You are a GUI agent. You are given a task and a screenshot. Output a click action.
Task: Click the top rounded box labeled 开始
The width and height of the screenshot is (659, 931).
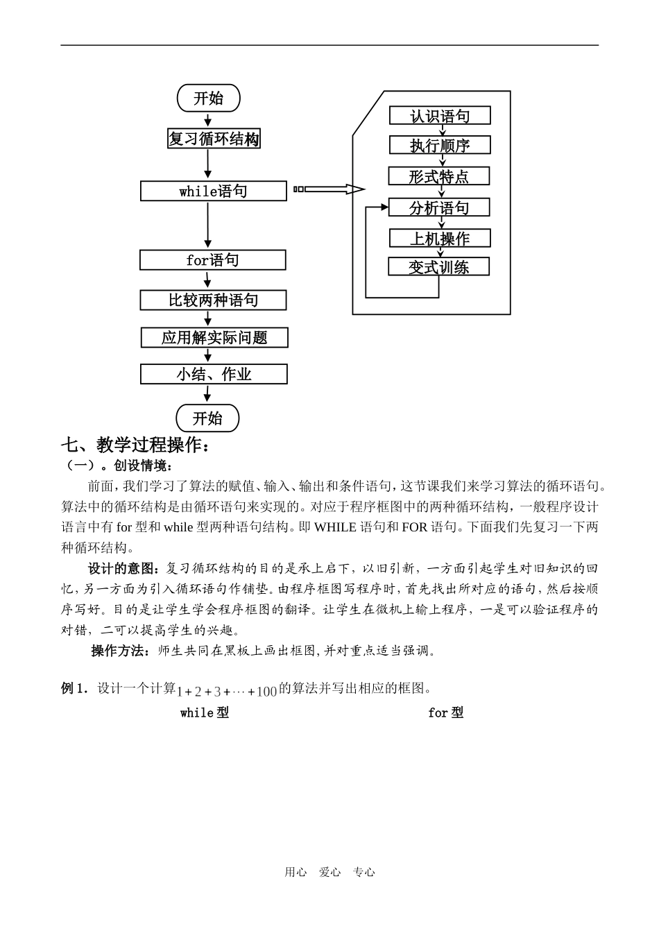point(208,99)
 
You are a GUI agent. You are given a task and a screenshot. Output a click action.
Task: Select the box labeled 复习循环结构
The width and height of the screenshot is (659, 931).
point(214,139)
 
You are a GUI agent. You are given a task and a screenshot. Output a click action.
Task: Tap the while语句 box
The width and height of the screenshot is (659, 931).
point(213,191)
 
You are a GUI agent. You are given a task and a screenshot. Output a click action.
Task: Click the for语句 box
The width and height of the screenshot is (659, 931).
point(212,260)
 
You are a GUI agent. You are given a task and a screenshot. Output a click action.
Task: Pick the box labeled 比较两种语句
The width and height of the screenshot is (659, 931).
point(213,300)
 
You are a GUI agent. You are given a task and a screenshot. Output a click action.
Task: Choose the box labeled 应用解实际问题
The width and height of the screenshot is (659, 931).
point(214,338)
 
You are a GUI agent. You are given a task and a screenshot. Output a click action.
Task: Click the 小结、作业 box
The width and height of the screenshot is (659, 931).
point(214,375)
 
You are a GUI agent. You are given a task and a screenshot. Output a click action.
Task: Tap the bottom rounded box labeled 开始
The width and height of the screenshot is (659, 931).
point(207,418)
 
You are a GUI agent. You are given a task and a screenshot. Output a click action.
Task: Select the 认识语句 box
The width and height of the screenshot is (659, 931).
point(440,116)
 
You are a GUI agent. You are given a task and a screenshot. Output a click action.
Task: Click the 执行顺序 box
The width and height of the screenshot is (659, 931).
point(440,145)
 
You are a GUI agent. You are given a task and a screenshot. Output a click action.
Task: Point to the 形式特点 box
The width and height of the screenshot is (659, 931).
point(438,176)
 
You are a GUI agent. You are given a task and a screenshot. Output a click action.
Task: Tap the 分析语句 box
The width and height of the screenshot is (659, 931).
point(438,207)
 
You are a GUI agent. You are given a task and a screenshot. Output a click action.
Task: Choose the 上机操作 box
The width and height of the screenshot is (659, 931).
point(440,239)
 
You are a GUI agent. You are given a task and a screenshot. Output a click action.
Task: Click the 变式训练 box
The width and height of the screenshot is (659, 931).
point(438,267)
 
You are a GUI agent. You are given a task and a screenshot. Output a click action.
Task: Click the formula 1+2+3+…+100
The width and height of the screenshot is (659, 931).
point(227,691)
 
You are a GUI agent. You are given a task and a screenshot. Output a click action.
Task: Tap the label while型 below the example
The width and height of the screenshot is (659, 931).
point(204,712)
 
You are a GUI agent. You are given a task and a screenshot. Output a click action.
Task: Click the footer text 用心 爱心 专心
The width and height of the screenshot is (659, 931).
point(329,873)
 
